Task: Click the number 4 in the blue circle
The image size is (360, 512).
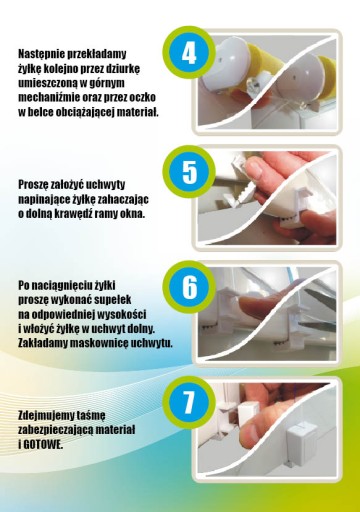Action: [x=189, y=54]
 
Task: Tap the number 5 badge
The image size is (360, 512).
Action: [x=189, y=172]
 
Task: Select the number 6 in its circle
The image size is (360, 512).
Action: [x=189, y=287]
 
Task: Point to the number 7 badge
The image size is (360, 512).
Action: [x=189, y=402]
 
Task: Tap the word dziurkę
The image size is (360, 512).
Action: [x=120, y=69]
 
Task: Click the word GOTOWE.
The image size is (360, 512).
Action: [x=43, y=445]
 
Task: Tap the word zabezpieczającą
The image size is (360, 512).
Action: [x=55, y=431]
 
